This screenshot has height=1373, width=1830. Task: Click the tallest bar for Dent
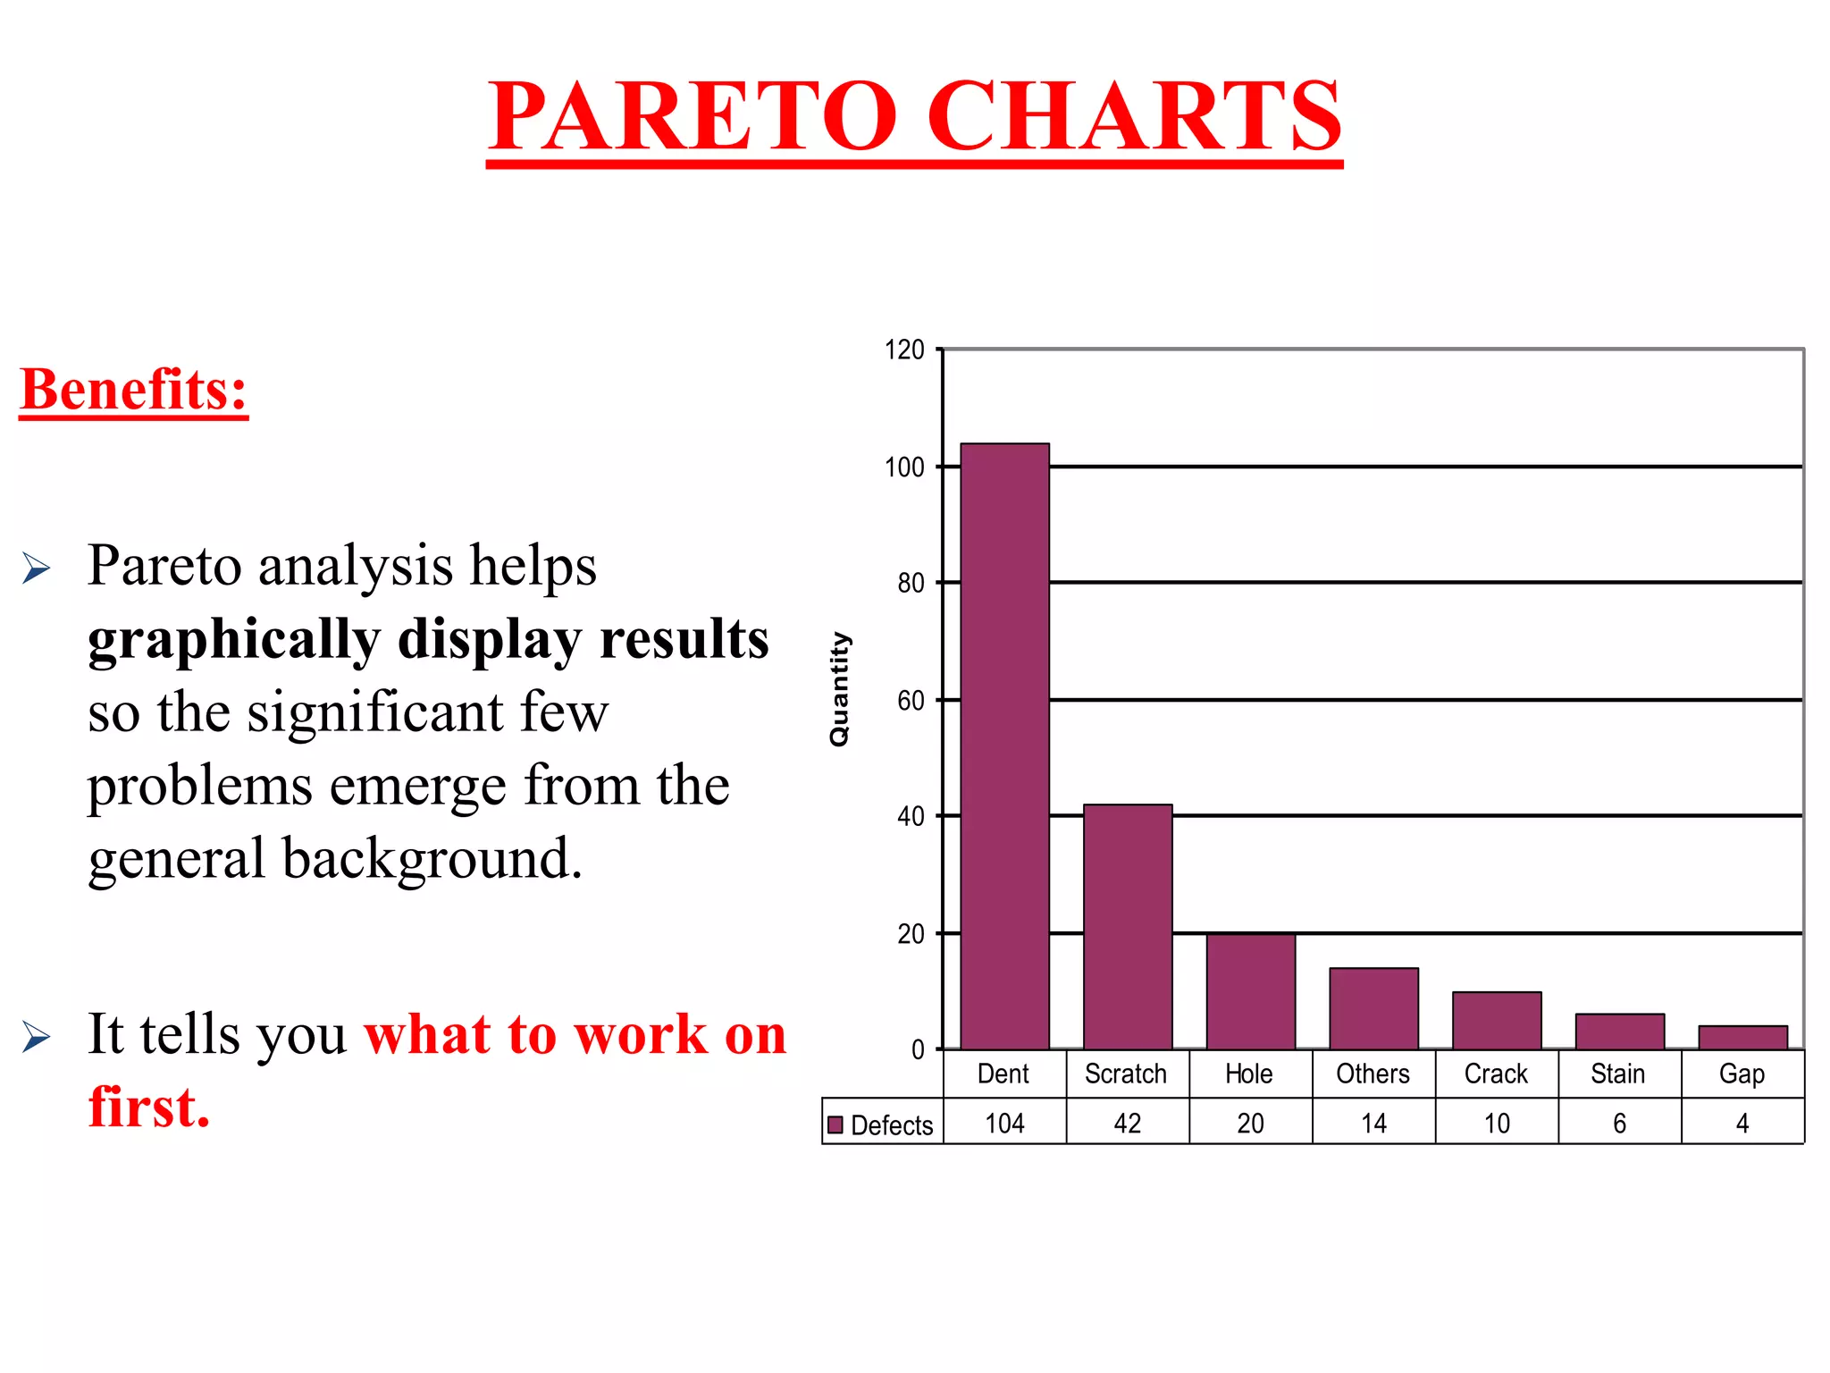click(x=1004, y=746)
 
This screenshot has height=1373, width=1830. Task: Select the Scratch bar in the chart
click(x=1128, y=927)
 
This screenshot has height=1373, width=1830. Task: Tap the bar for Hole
click(x=1250, y=991)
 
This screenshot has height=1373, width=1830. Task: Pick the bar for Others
click(x=1373, y=1008)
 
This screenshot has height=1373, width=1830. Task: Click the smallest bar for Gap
click(x=1742, y=1038)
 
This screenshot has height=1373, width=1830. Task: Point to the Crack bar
click(x=1497, y=1021)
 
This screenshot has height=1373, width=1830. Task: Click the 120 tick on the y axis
click(x=904, y=350)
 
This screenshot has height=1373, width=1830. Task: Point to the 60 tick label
click(x=911, y=701)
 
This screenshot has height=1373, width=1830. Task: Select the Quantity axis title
click(x=839, y=689)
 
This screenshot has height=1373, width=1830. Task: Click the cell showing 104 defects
click(x=1004, y=1124)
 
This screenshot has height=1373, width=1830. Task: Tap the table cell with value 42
click(x=1128, y=1124)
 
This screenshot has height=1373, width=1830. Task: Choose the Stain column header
click(x=1618, y=1074)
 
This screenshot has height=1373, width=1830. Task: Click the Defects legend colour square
click(x=835, y=1125)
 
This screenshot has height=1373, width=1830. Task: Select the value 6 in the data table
click(x=1619, y=1124)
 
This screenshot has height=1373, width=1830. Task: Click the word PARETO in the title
click(x=693, y=116)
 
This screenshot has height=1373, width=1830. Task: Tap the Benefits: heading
click(x=133, y=390)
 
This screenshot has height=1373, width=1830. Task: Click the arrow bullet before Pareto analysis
click(x=36, y=568)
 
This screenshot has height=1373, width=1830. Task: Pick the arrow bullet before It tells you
click(x=36, y=1036)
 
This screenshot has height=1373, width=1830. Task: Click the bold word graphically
click(x=234, y=640)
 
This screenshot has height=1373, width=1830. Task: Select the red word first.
click(x=148, y=1108)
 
